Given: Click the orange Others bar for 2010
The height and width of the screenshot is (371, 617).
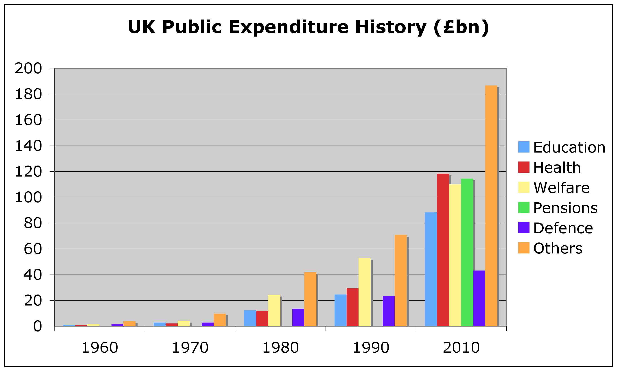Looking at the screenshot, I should coord(491,206).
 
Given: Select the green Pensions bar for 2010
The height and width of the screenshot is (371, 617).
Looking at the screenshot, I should coord(467,252).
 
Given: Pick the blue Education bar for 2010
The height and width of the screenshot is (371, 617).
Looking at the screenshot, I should coord(431,269).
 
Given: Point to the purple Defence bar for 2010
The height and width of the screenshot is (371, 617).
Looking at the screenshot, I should coord(479,298).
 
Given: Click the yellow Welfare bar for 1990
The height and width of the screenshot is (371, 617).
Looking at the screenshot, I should coord(365,292).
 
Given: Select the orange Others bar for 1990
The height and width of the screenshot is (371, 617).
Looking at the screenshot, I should coord(400,281).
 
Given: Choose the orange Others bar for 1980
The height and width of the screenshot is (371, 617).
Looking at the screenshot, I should coord(310,299).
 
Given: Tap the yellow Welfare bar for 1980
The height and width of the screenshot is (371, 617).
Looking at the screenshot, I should coord(274,310).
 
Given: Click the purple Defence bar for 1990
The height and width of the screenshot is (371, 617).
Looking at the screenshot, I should coord(389,311).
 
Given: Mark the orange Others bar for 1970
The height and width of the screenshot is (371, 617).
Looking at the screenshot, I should coord(220,320).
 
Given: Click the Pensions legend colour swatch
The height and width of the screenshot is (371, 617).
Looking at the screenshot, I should coord(524,207).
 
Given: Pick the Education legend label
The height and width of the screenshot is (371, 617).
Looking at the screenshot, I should coord(569,147).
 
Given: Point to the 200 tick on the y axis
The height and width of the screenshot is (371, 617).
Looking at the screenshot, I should coord(28,68).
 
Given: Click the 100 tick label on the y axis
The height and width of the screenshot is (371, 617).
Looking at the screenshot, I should coord(28,197).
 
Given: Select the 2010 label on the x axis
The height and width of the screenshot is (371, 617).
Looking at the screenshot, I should coord(461,348).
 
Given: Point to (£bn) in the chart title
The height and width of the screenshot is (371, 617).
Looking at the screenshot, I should coord(461,27).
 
